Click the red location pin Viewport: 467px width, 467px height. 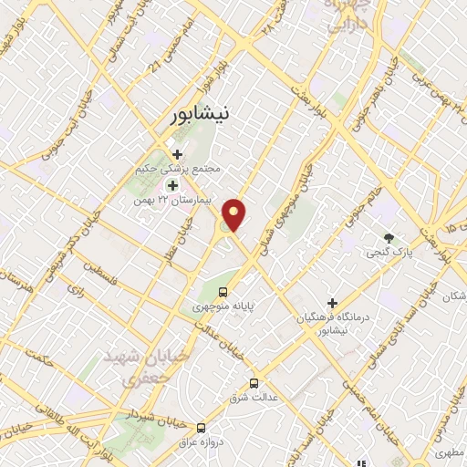235,214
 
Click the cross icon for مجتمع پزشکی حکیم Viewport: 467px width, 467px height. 178,154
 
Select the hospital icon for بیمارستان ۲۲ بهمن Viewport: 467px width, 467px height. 172,185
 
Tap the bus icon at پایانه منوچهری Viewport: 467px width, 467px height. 223,292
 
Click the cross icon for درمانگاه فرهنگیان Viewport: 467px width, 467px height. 332,302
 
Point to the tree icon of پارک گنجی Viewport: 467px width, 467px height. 390,236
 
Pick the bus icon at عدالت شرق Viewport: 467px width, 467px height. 254,383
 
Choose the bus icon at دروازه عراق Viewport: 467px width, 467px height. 201,427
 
